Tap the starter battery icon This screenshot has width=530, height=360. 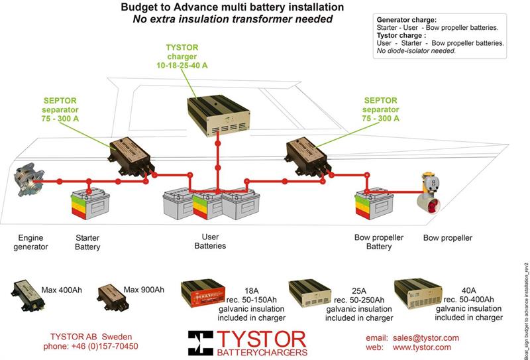[89, 204]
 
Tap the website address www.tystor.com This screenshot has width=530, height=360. [421, 347]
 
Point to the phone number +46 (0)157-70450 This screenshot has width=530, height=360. [91, 347]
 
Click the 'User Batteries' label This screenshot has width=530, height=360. [210, 241]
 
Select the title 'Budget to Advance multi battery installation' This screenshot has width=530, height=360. [232, 7]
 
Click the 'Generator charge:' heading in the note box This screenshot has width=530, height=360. [406, 20]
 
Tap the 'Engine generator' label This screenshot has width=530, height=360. [30, 242]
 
